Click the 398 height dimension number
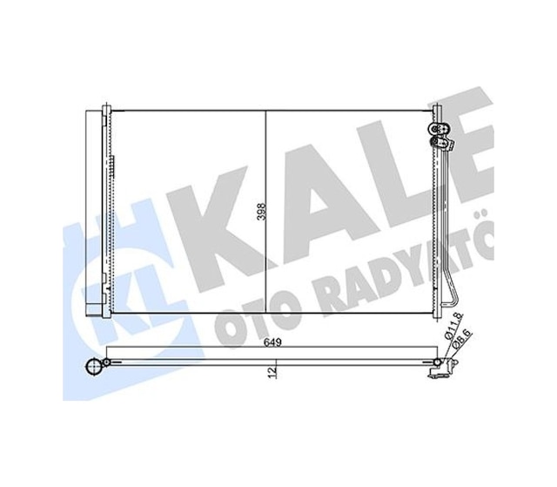coord(261,212)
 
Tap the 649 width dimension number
coord(272,342)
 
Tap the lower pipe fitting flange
coord(442,144)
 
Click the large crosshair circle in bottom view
coord(94,366)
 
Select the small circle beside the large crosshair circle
coord(106,362)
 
